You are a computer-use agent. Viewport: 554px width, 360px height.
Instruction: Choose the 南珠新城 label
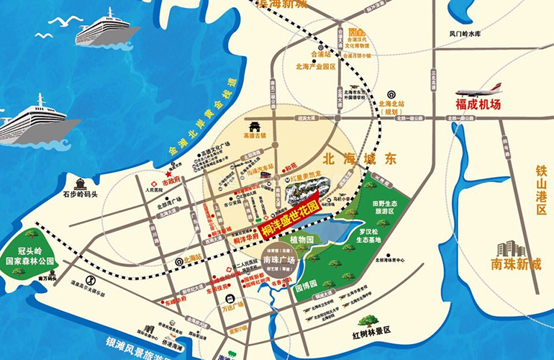[514, 264]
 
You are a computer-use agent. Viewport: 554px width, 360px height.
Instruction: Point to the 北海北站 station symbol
[391, 94]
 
